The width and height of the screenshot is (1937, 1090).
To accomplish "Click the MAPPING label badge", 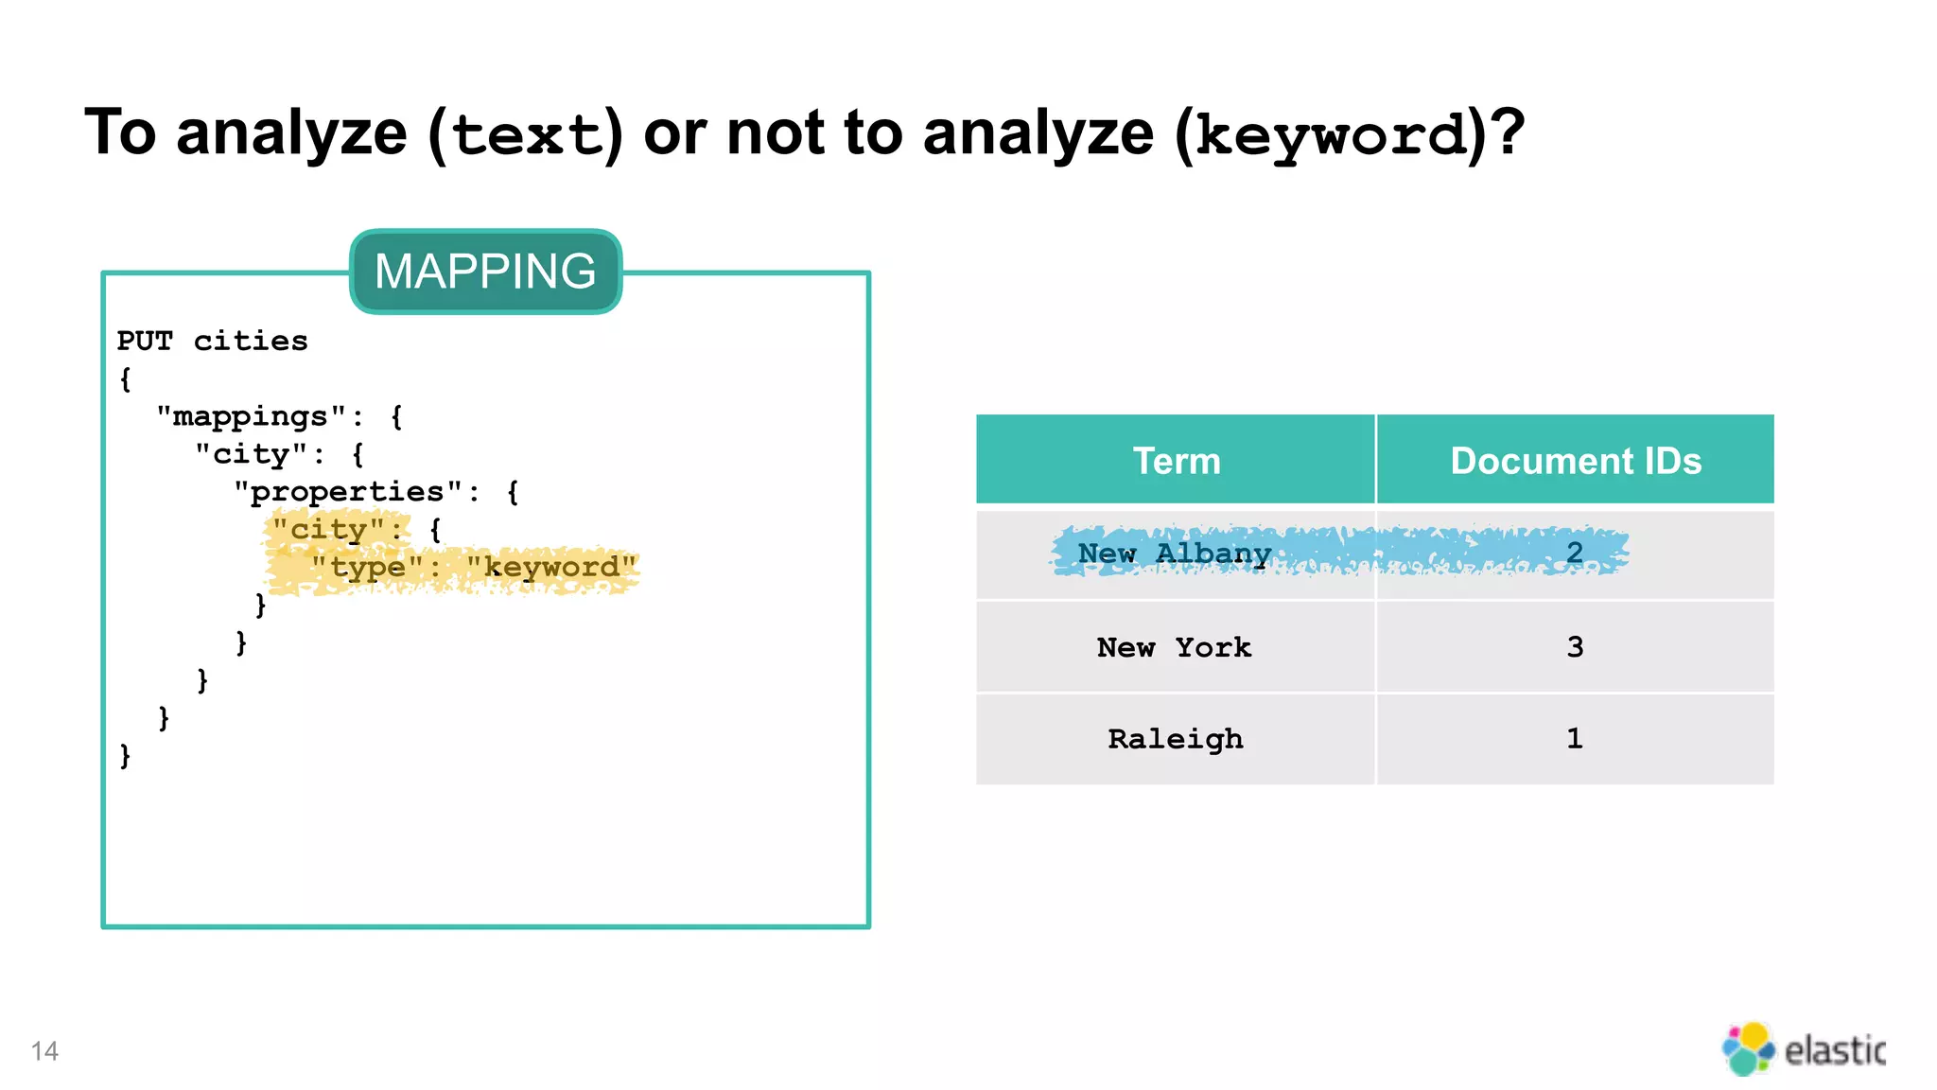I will point(485,272).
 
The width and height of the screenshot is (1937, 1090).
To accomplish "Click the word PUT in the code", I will point(145,341).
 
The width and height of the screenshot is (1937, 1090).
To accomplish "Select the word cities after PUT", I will point(251,341).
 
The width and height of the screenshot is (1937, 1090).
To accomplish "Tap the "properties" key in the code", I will point(347,492).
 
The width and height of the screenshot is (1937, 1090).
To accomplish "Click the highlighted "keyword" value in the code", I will point(551,568).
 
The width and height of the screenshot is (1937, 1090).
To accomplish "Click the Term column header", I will point(1176,461).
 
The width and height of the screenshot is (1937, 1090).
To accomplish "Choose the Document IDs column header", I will point(1575,461).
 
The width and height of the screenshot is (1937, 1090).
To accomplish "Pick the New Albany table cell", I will point(1175,554).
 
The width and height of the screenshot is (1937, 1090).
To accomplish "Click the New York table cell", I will point(1175,647).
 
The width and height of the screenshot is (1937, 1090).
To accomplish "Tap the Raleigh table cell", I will point(1175,739).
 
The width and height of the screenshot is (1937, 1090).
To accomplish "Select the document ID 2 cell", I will point(1575,554).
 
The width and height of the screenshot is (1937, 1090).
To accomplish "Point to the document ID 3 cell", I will point(1575,647).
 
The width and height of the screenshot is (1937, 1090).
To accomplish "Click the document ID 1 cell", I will point(1575,739).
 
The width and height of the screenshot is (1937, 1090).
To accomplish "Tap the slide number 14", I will point(44,1051).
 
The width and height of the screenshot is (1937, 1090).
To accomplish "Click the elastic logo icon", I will point(1748,1048).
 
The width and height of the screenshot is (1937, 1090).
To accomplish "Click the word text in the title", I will point(527,135).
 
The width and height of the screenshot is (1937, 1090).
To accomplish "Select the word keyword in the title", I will point(1331,135).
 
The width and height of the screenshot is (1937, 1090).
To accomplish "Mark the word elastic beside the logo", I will point(1835,1050).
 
